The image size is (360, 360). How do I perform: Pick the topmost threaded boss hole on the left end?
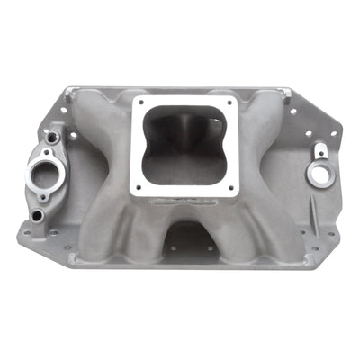click(52, 137)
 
